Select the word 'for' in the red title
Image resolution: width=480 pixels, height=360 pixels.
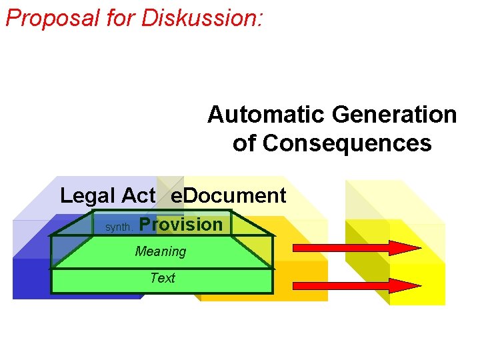120,18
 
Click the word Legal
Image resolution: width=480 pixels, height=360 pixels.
87,196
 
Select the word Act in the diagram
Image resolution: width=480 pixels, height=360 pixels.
138,196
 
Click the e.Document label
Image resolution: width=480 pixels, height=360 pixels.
229,196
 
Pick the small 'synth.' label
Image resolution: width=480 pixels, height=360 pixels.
120,227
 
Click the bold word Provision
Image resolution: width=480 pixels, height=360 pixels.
181,225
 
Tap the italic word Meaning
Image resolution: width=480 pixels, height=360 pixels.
161,251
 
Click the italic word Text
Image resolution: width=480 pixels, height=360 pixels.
163,278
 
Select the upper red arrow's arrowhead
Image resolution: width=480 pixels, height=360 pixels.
404,249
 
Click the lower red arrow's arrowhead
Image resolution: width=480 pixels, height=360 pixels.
404,285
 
